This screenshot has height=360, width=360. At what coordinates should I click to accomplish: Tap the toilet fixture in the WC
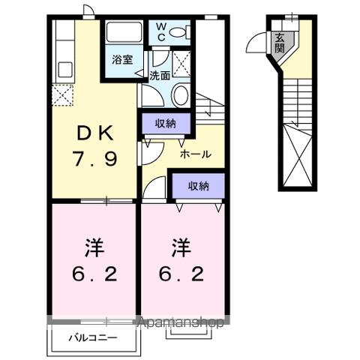(178, 32)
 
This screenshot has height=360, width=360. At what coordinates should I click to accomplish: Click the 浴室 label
(122, 58)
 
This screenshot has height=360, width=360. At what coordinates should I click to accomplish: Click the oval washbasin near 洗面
(181, 95)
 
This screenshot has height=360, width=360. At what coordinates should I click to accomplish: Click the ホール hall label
(195, 154)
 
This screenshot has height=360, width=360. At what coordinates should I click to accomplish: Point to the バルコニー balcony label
(92, 338)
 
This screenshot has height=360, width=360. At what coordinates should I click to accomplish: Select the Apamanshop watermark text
(180, 323)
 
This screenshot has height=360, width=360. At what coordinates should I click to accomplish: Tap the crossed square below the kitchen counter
(63, 95)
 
